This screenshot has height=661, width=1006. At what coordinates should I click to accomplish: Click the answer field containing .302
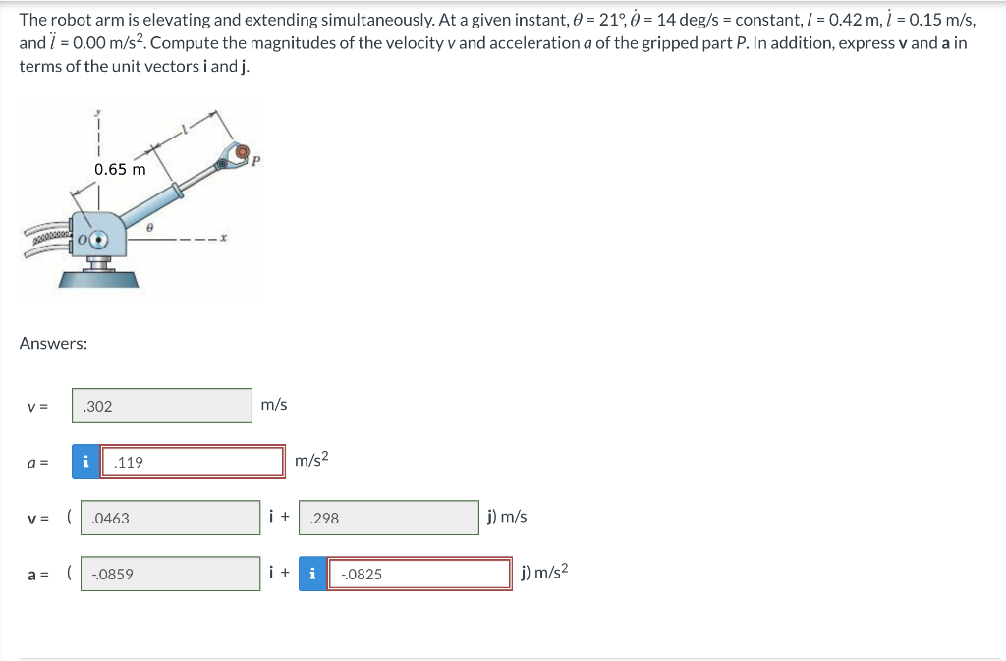click(x=161, y=406)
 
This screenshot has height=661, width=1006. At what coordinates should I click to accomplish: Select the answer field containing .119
click(x=193, y=462)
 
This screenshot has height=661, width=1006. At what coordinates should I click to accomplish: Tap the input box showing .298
click(x=388, y=518)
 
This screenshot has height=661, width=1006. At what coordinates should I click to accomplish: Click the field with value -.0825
click(x=421, y=574)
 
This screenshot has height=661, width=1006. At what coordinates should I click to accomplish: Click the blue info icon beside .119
click(x=86, y=462)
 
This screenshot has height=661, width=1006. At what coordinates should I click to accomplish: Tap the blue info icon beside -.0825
click(x=313, y=574)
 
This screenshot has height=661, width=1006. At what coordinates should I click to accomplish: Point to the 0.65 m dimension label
click(x=120, y=169)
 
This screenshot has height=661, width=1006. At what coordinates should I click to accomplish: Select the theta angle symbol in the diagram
click(x=148, y=227)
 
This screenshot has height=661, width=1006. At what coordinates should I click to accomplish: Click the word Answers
click(x=53, y=343)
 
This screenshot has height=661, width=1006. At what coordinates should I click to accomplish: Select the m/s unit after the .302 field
click(x=274, y=405)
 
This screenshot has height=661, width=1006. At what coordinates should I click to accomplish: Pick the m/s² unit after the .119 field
click(x=311, y=460)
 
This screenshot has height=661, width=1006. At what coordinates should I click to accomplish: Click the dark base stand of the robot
click(x=98, y=277)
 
